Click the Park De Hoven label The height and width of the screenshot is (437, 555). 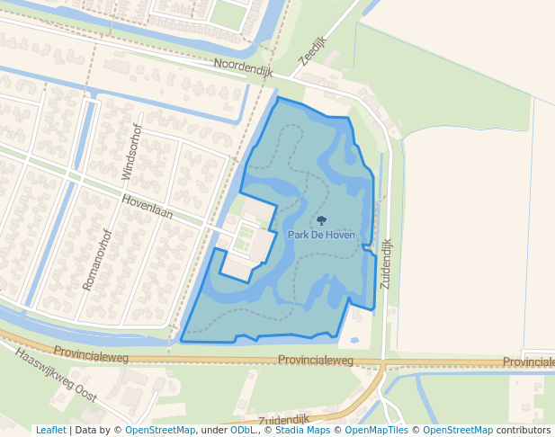(x=321, y=235)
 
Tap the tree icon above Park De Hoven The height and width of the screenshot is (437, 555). (x=321, y=220)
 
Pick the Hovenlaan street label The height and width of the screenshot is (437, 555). (x=147, y=209)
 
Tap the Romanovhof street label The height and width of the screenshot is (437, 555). (x=95, y=259)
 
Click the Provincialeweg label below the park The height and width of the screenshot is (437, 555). (x=316, y=360)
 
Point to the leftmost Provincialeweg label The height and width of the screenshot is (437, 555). (x=91, y=353)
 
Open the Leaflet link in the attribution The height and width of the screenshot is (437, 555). (x=50, y=430)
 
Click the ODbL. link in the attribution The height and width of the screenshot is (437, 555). (x=243, y=430)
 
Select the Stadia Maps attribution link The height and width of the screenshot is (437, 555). (x=300, y=430)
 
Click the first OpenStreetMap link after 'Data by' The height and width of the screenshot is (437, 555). (x=160, y=430)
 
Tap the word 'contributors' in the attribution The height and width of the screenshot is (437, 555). (x=524, y=430)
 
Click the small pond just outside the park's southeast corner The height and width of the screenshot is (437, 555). (x=354, y=341)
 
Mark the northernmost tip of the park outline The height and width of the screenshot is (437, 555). (x=278, y=97)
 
